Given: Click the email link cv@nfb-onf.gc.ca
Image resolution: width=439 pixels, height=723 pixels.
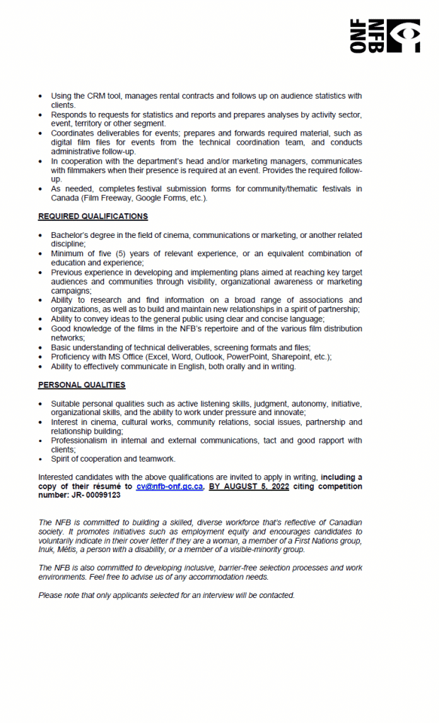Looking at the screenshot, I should pyautogui.click(x=170, y=486).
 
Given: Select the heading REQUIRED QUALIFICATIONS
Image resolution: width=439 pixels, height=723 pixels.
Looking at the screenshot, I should pyautogui.click(x=93, y=216).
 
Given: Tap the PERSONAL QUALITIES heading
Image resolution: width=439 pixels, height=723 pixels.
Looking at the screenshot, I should pyautogui.click(x=81, y=385).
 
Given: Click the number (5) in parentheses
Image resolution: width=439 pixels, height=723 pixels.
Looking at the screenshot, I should pyautogui.click(x=123, y=253).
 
